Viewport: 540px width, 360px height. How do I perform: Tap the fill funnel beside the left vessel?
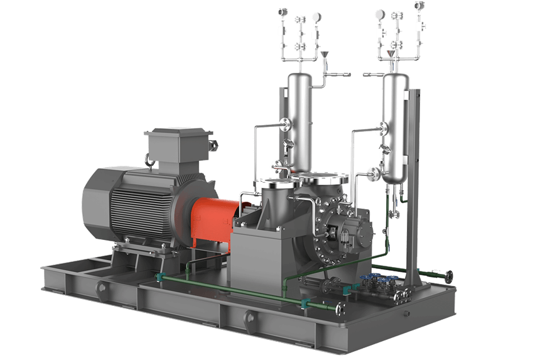point(325,57)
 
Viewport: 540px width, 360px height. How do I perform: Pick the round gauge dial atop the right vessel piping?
point(379,14)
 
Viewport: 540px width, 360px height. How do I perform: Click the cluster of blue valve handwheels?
point(377,281)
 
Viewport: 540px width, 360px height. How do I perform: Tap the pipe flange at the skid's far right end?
point(448,275)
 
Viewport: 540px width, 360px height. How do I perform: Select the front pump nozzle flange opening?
point(272,183)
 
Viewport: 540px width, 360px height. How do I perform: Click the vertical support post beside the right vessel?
point(413,188)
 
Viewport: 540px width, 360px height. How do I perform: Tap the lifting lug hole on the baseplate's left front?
point(101,287)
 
